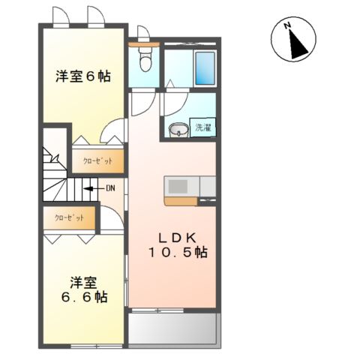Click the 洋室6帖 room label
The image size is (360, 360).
pyautogui.click(x=82, y=76)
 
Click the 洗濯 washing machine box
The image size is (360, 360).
pyautogui.click(x=203, y=127)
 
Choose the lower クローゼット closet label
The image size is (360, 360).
pyautogui.click(x=69, y=218)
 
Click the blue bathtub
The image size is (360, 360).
pyautogui.click(x=205, y=69)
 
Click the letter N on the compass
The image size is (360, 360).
pyautogui.click(x=287, y=27)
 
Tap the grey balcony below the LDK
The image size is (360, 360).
pyautogui.click(x=173, y=326)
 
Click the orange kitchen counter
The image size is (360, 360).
pyautogui.click(x=180, y=201)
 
